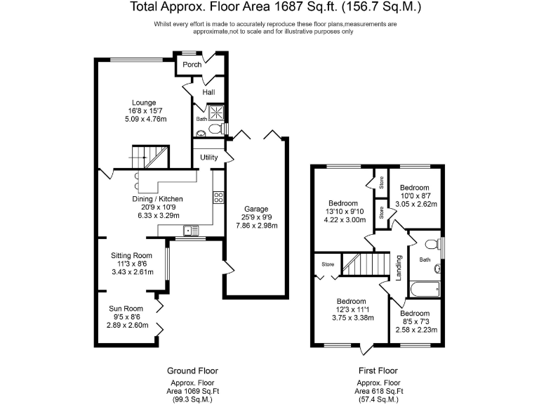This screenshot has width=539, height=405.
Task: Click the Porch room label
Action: pyautogui.click(x=192, y=65)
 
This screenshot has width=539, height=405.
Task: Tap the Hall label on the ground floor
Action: pyautogui.click(x=208, y=92)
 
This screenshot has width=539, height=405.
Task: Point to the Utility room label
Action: pyautogui.click(x=208, y=157)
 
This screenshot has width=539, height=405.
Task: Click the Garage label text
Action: pyautogui.click(x=256, y=209)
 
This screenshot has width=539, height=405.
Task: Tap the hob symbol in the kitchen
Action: pyautogui.click(x=218, y=197)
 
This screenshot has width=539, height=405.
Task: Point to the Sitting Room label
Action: pyautogui.click(x=131, y=255)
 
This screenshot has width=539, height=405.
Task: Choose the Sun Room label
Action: pyautogui.click(x=126, y=309)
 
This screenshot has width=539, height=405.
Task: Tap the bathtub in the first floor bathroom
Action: pyautogui.click(x=425, y=288)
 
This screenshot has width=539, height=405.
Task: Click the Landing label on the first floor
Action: pyautogui.click(x=399, y=268)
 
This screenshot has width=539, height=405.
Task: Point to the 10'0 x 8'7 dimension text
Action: pyautogui.click(x=414, y=196)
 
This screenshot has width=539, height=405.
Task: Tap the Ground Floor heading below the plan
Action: pyautogui.click(x=192, y=371)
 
